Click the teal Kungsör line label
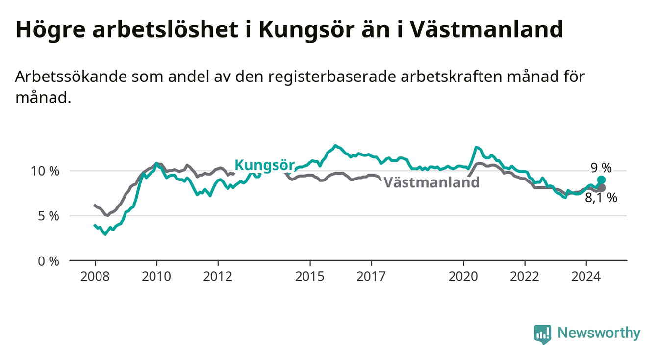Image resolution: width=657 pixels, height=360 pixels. click(264, 165)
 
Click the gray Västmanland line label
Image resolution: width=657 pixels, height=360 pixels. click(431, 182)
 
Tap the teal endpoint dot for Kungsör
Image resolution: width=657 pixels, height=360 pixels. click(601, 180)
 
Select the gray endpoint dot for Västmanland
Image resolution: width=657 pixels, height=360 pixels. click(601, 188)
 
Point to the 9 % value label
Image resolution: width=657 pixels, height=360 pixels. click(601, 168)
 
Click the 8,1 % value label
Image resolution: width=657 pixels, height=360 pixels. click(601, 198)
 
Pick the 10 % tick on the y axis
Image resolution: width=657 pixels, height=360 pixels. click(45, 171)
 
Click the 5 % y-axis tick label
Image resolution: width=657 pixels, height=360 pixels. click(49, 216)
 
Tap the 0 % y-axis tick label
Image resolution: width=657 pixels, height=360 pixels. click(49, 261)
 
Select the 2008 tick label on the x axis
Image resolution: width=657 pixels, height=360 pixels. click(95, 277)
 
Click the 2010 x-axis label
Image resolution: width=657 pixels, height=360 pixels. click(156, 277)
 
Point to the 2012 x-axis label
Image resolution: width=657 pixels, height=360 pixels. click(218, 277)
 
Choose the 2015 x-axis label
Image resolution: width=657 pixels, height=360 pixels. click(310, 277)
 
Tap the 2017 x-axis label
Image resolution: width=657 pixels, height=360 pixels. click(371, 277)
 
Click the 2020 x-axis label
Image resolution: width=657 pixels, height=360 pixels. click(463, 277)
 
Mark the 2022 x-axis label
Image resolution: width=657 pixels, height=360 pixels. click(525, 277)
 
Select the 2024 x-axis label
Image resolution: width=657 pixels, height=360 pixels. click(586, 277)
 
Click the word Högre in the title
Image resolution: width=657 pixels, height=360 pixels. click(50, 30)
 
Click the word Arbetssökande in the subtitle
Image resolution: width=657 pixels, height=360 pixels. click(71, 77)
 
